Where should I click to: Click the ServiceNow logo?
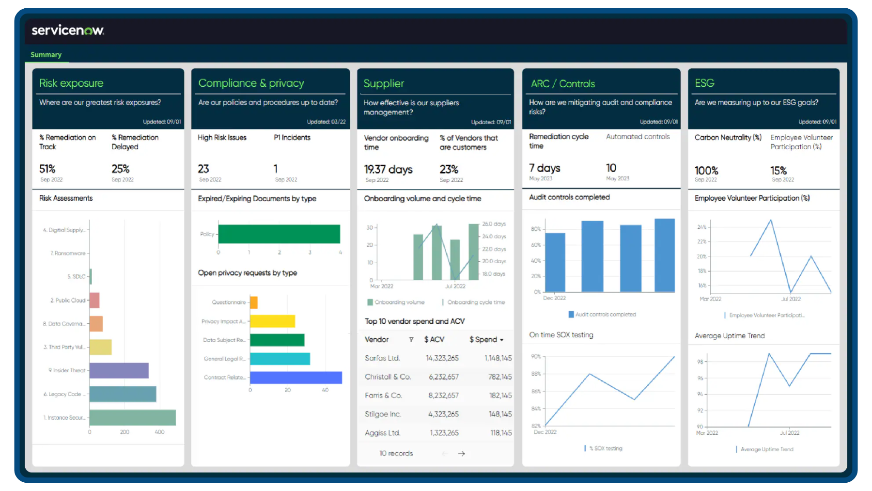[68, 31]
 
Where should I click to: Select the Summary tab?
[46, 55]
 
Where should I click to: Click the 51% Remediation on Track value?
[47, 169]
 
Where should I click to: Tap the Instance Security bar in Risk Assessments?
[132, 417]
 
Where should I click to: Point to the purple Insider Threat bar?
[119, 370]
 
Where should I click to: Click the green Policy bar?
[279, 234]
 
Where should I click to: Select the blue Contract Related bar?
[296, 378]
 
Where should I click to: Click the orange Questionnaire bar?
[254, 302]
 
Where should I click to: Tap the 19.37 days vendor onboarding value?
[388, 169]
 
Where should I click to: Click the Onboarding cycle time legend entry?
[475, 302]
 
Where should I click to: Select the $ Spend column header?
[486, 339]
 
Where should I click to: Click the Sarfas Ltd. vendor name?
[382, 358]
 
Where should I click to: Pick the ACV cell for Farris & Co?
[443, 396]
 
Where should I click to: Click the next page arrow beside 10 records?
[461, 454]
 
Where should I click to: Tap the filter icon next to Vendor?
[411, 339]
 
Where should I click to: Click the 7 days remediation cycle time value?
[545, 168]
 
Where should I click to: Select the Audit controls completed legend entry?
[605, 315]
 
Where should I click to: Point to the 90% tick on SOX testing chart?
[536, 356]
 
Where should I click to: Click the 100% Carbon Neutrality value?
[706, 171]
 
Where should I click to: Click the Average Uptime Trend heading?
[730, 336]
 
